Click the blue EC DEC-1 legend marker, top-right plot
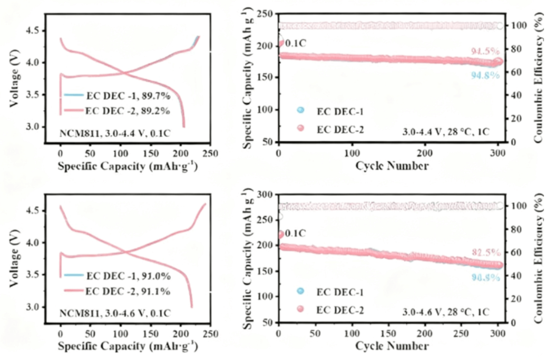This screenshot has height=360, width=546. coord(301,110)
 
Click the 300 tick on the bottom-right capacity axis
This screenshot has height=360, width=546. coord(267,194)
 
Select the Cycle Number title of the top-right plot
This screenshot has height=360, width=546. coord(391,166)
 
